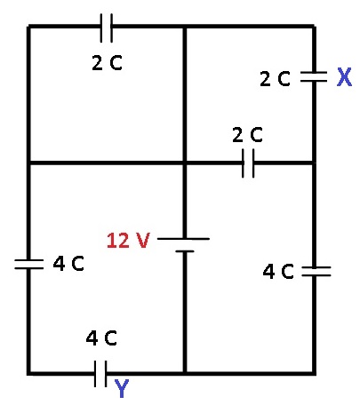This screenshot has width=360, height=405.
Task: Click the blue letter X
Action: [x=344, y=77]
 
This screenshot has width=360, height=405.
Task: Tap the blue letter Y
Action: [x=122, y=388]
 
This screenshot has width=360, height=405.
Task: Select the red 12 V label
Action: [x=128, y=240]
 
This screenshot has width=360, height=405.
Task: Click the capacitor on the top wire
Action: [x=107, y=28]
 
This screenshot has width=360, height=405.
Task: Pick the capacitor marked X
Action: [x=314, y=76]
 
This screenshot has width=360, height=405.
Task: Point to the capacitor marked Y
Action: [x=100, y=374]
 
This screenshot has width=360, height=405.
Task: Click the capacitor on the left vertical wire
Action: [x=29, y=264]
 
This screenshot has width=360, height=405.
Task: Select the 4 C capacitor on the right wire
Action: [x=316, y=271]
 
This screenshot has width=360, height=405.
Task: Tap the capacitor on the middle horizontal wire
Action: [x=248, y=163]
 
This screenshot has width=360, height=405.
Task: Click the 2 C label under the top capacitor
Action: [x=107, y=63]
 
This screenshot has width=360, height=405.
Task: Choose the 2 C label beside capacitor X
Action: [x=275, y=79]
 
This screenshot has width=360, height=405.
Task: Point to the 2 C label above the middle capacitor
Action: [x=247, y=135]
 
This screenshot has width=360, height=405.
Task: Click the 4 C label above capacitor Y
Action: [x=101, y=338]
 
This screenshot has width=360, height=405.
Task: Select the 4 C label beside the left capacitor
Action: [x=68, y=263]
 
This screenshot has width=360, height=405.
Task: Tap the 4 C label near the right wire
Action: [x=278, y=271]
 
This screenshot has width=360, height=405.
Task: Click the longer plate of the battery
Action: [x=183, y=239]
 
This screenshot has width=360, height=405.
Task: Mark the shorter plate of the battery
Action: [x=185, y=251]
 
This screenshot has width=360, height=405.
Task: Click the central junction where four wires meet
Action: [x=185, y=163]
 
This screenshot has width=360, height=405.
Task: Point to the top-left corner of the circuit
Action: [x=28, y=27]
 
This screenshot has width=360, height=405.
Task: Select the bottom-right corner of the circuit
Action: [x=314, y=373]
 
